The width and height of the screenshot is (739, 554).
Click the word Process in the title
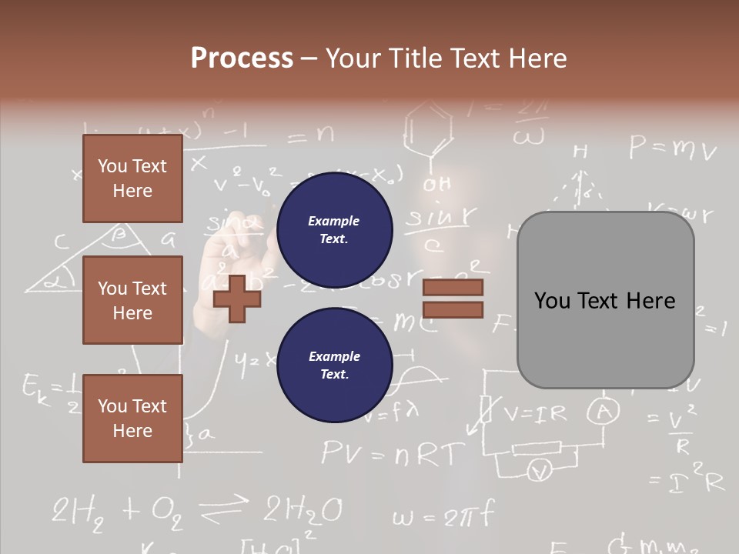pos(242,58)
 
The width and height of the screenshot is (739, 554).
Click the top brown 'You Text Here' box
pos(132,179)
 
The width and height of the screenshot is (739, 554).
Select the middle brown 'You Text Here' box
pos(132,300)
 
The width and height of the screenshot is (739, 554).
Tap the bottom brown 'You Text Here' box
pos(132,419)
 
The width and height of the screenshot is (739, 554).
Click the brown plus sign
pos(237,298)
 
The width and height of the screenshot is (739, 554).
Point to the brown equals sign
pos(453,299)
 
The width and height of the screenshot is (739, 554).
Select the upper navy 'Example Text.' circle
pos(334,230)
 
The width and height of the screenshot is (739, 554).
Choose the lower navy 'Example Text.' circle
pos(334,365)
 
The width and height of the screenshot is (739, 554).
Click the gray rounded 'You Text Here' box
pos(605,300)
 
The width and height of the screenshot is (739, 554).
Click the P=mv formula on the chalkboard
pos(672,148)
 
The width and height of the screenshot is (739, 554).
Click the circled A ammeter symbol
pos(604,413)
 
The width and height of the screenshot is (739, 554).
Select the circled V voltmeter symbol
pos(541,470)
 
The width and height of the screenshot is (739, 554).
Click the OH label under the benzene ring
pos(436,185)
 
